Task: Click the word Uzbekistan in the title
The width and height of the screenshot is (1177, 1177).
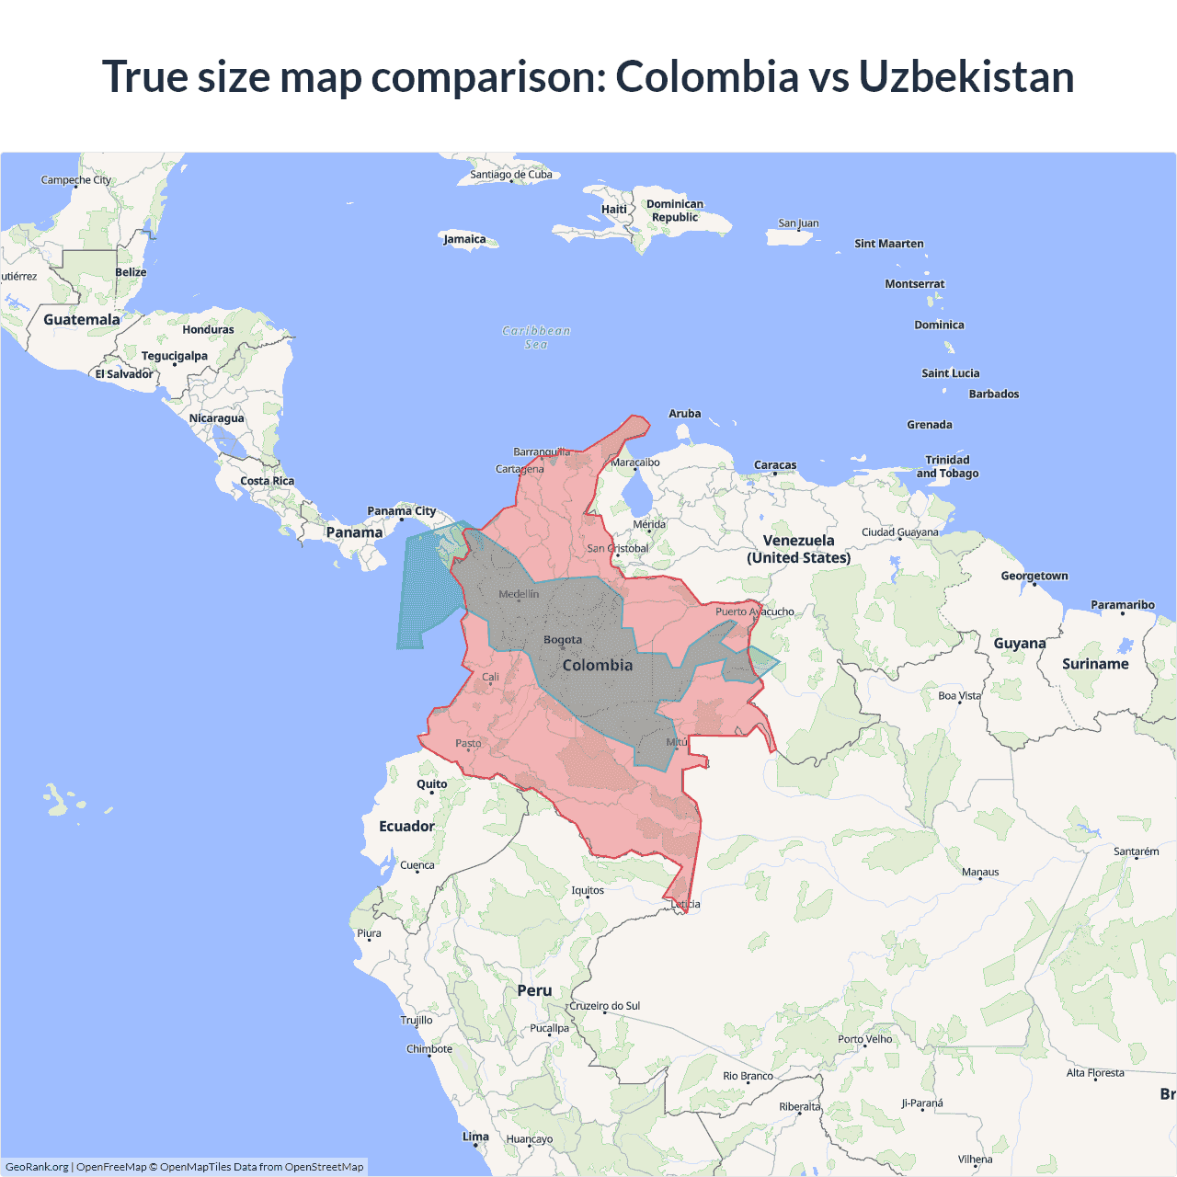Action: [x=966, y=76]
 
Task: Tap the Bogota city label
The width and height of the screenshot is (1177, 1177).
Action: [x=563, y=639]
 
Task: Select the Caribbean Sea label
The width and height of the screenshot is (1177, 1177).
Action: [x=536, y=337]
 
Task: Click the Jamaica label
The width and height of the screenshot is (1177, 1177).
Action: [x=464, y=239]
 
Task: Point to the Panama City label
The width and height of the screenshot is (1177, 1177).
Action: [x=401, y=511]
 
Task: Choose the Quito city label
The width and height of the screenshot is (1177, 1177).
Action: [x=431, y=784]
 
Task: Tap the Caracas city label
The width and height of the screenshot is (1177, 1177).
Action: [x=775, y=465]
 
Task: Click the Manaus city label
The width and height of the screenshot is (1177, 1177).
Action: [x=980, y=872]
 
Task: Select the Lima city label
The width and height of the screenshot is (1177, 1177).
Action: [x=475, y=1137]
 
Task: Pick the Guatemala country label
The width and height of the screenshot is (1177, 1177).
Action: [x=82, y=320]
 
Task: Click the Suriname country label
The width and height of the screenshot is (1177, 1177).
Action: [x=1095, y=664]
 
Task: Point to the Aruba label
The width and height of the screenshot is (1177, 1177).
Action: [x=684, y=414]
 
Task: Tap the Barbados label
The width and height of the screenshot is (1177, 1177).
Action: [x=994, y=394]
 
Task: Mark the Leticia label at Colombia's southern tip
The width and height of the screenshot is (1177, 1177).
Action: [x=686, y=904]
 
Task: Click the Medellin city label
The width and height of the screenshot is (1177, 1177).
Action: [x=519, y=594]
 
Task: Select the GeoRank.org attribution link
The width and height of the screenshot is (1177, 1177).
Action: [x=37, y=1167]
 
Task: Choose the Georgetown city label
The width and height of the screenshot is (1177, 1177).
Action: [x=1034, y=576]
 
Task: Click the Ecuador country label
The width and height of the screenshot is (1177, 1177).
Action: [x=406, y=826]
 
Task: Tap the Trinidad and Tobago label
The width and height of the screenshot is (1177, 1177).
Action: [x=947, y=466]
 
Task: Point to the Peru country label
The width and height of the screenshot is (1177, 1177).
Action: [x=534, y=990]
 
